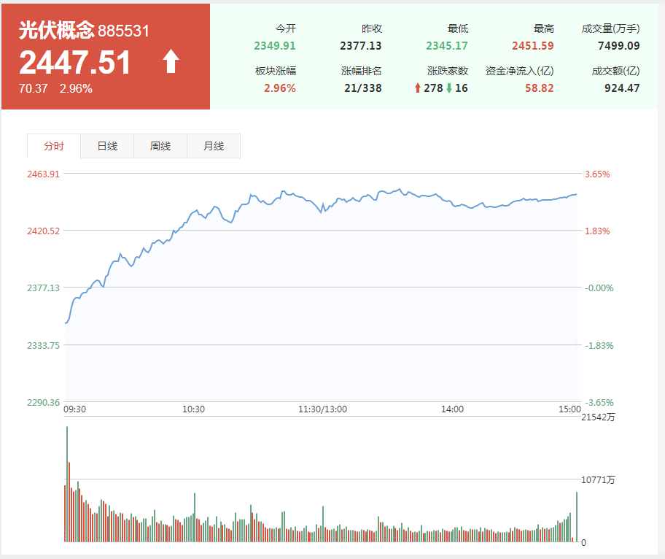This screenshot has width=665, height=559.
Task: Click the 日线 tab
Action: tap(107, 146)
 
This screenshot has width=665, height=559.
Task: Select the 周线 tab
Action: tap(160, 146)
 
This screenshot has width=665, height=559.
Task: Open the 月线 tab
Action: tap(214, 146)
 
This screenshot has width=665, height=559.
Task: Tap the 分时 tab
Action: tap(54, 146)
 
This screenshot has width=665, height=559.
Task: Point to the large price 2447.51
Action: tap(75, 63)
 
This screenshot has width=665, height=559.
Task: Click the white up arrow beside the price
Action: tap(171, 62)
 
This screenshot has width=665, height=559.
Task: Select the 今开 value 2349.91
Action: tap(275, 46)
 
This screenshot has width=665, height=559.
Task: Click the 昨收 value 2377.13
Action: tap(361, 46)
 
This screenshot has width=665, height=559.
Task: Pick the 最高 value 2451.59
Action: tap(532, 46)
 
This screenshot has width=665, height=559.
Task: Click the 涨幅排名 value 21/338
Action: tap(363, 88)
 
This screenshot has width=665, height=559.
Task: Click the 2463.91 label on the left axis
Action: tap(43, 174)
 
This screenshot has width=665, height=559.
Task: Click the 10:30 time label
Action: tap(193, 409)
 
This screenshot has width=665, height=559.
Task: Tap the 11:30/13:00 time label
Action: tap(322, 409)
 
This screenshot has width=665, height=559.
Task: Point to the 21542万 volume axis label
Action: tap(598, 417)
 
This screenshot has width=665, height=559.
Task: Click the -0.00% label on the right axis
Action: tap(599, 288)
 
